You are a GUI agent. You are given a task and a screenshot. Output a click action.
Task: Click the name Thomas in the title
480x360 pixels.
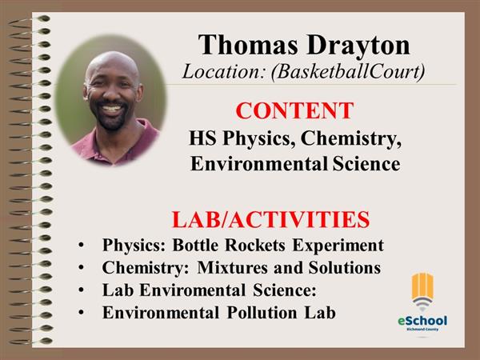pos(248,45)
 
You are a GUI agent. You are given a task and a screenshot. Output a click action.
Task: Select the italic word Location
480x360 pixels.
pos(223,71)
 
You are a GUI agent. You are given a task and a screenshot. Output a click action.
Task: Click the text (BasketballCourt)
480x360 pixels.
pos(348,72)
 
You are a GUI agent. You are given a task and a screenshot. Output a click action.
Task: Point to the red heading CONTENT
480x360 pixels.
pos(294,110)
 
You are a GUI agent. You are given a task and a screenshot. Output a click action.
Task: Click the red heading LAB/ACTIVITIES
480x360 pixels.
pos(270,219)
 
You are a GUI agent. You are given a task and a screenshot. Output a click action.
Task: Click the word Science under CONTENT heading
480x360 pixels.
pos(366,164)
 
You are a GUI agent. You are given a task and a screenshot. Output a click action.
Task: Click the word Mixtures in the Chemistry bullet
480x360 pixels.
pos(233,267)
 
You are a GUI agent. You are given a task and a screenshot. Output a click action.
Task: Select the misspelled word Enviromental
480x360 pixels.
pos(193,290)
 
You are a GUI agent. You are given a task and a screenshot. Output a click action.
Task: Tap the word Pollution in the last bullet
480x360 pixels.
pos(262,313)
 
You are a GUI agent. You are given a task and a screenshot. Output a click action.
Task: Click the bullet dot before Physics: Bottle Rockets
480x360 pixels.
pos(81,246)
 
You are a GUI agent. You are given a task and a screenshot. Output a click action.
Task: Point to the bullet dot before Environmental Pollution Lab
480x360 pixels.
pos(81,313)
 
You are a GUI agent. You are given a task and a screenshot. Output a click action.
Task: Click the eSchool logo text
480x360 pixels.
pos(422,321)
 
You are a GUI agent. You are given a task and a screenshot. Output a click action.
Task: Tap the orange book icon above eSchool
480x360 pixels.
pos(422,288)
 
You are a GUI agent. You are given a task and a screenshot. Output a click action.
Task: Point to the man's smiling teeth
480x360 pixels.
pos(111,109)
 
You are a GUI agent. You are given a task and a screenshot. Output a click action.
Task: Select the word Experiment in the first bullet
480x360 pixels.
pos(338,246)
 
